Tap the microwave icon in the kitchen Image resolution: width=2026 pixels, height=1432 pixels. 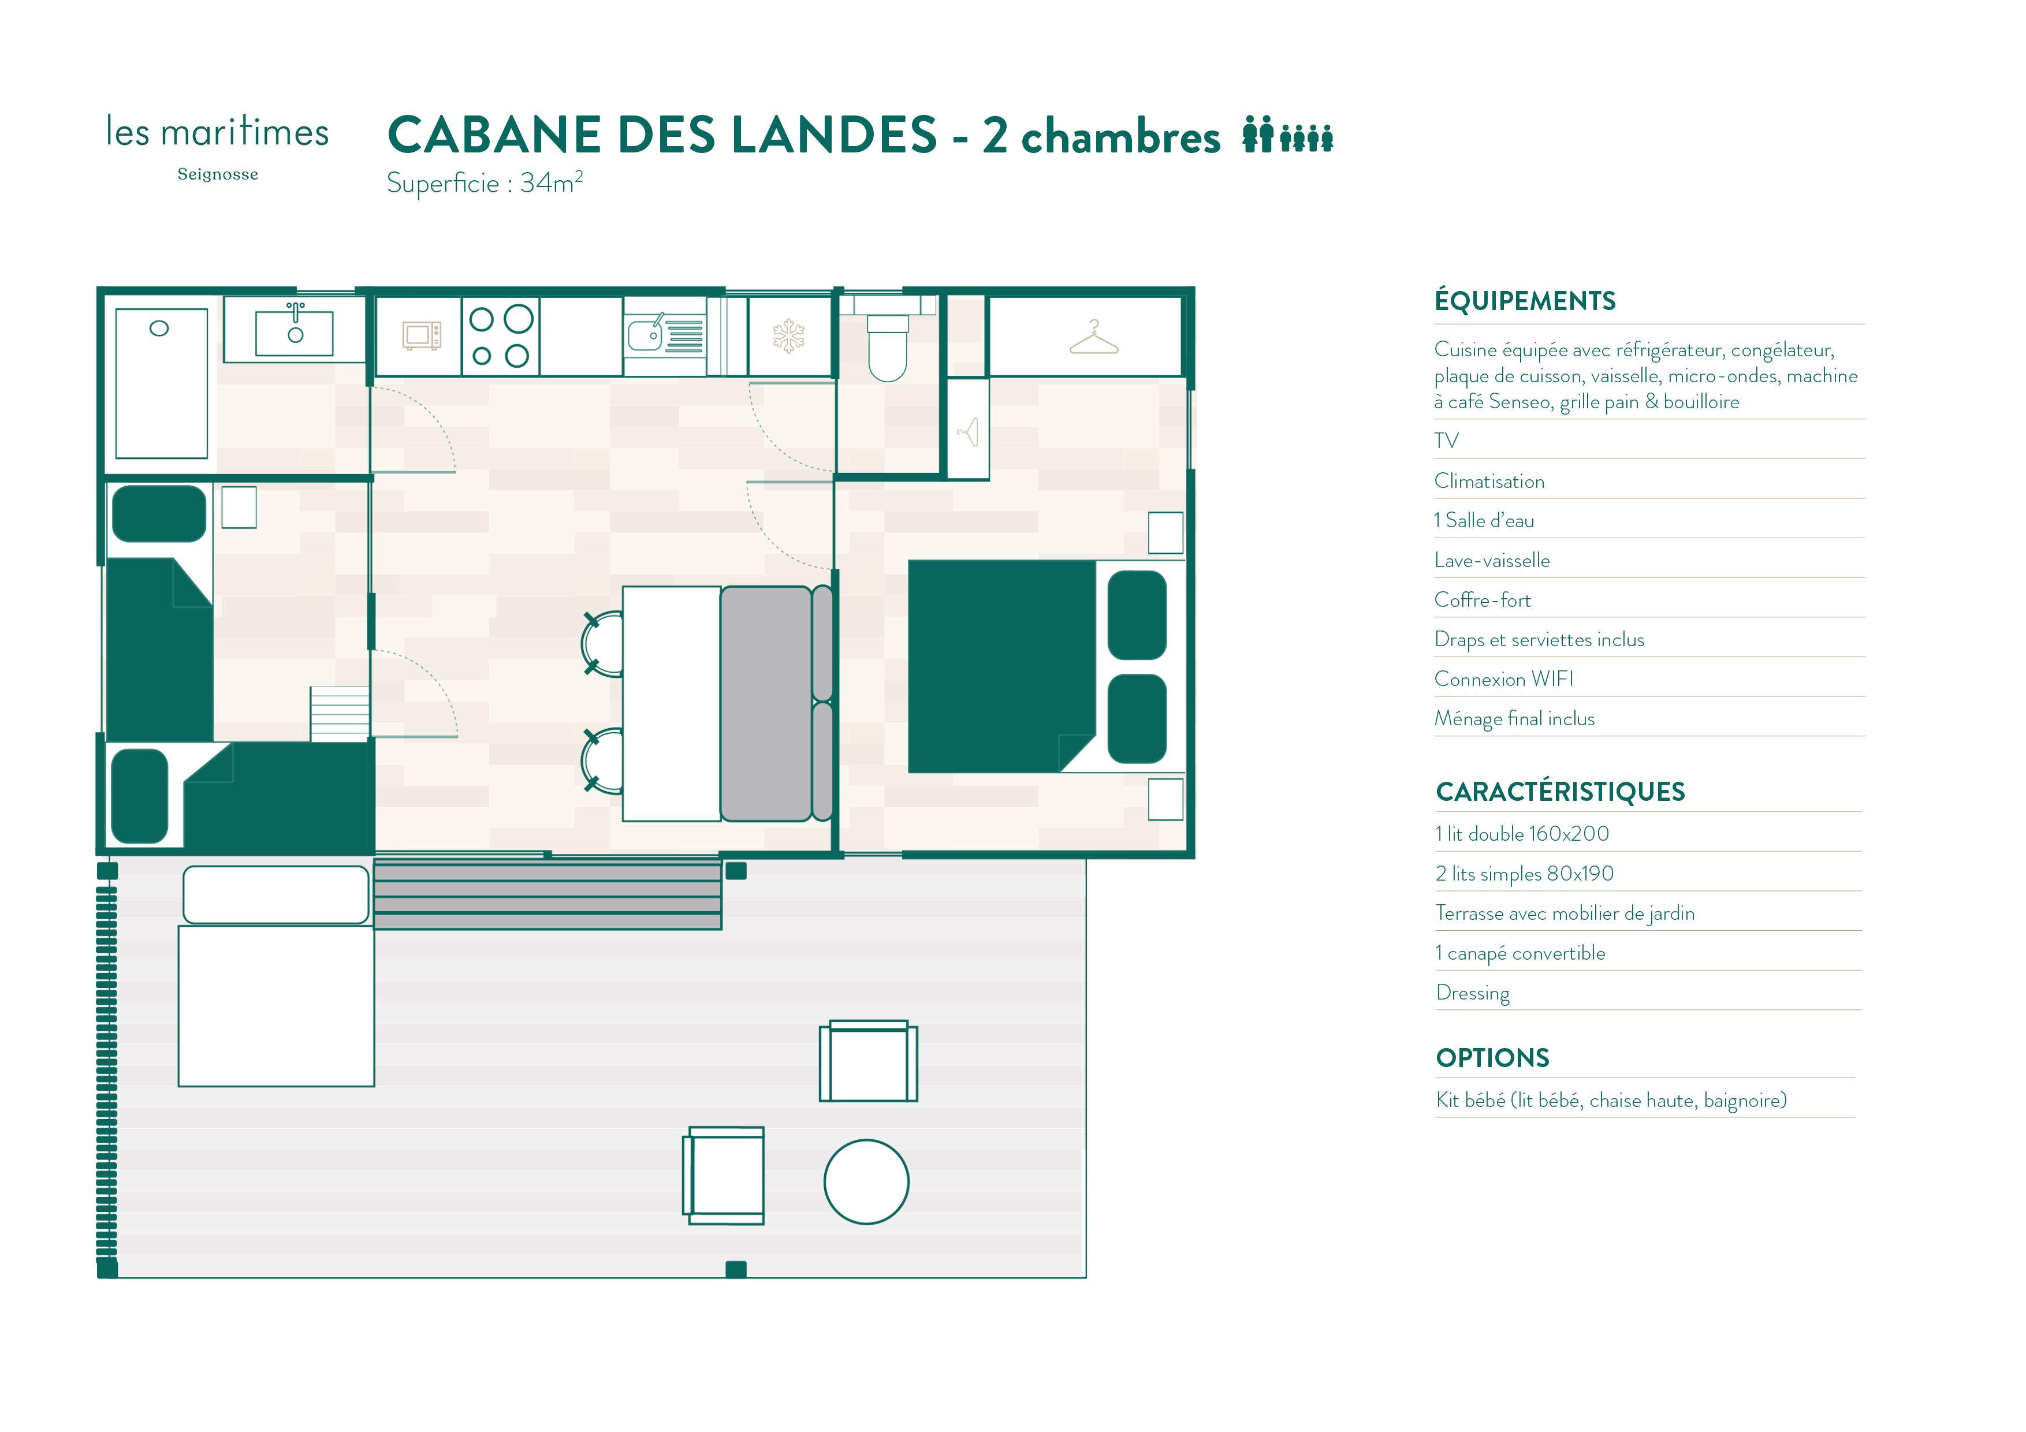[422, 335]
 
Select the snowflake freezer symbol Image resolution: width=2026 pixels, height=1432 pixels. [789, 336]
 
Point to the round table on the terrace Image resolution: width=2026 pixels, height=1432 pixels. [866, 1181]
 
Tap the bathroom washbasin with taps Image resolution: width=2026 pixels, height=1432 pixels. [295, 329]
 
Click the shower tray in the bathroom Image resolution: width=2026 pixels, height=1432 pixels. [162, 383]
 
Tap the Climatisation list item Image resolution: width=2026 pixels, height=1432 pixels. [1489, 481]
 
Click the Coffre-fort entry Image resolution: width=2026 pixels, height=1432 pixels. [1483, 600]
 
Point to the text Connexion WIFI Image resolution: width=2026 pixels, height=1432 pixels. [1503, 678]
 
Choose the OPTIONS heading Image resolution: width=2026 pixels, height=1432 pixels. [1492, 1058]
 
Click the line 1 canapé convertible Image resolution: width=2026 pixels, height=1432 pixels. [1521, 953]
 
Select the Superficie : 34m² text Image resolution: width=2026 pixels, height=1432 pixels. [485, 182]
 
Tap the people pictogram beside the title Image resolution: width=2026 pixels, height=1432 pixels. [1287, 134]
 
